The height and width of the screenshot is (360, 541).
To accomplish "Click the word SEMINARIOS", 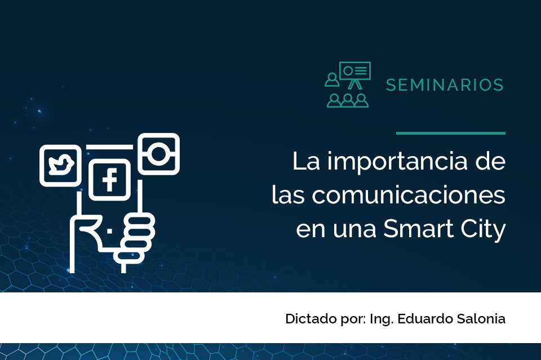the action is pyautogui.click(x=445, y=85).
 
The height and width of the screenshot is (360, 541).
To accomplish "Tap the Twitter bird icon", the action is pyautogui.click(x=60, y=166).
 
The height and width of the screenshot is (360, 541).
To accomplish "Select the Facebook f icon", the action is pyautogui.click(x=110, y=180).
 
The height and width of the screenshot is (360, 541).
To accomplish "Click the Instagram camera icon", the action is pyautogui.click(x=159, y=154).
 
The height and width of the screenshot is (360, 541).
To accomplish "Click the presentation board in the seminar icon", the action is pyautogui.click(x=354, y=71).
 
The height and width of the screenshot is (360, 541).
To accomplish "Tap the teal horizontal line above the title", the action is pyautogui.click(x=451, y=133).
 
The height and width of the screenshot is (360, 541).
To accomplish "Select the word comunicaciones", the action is pyautogui.click(x=409, y=195).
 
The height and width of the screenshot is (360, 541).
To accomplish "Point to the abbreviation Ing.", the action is pyautogui.click(x=382, y=319).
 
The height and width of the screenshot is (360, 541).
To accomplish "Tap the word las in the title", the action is pyautogui.click(x=288, y=195).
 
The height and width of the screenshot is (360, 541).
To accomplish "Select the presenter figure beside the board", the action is pyautogui.click(x=332, y=79).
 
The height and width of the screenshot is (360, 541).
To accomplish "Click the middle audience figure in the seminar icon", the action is pyautogui.click(x=348, y=100).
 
